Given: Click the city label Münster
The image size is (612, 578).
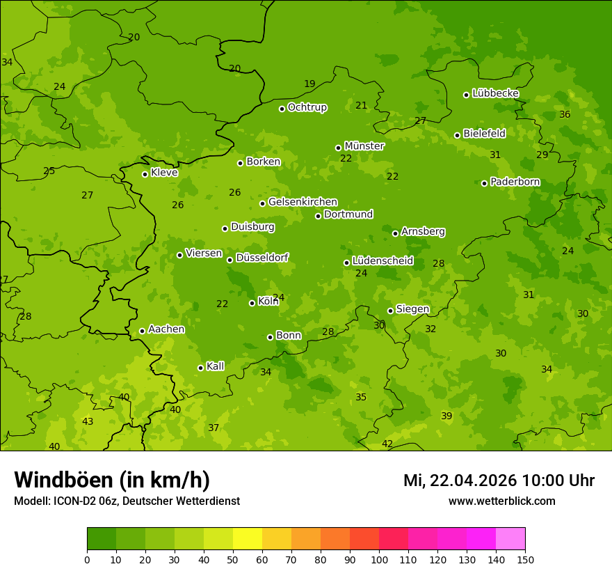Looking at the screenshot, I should click(x=364, y=146).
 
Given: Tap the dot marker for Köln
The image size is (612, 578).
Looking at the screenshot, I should click(x=252, y=303).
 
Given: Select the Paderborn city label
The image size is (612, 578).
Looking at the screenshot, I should click(x=515, y=182).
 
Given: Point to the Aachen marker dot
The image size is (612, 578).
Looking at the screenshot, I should click(x=142, y=331).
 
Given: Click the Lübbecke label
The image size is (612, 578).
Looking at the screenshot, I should click(x=495, y=93).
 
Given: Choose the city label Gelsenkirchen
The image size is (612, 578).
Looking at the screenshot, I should click(x=303, y=202).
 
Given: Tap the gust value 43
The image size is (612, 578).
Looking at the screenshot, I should click(x=88, y=421).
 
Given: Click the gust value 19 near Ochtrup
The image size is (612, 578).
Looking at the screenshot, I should click(x=309, y=84).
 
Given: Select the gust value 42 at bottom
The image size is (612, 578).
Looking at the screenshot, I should click(x=387, y=444).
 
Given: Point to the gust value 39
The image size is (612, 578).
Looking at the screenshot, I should click(x=446, y=416).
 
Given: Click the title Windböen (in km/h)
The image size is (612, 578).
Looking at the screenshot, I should click(x=112, y=480).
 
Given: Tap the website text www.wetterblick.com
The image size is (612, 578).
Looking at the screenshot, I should click(x=501, y=501).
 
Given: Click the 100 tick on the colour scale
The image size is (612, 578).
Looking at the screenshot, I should click(x=379, y=559).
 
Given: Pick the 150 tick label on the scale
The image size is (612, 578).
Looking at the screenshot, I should click(x=525, y=559).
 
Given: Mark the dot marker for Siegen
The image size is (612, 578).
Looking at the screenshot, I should click(x=390, y=311).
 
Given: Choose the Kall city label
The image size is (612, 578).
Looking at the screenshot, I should click(x=215, y=366).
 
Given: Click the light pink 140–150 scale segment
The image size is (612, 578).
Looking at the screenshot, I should click(x=510, y=539).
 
